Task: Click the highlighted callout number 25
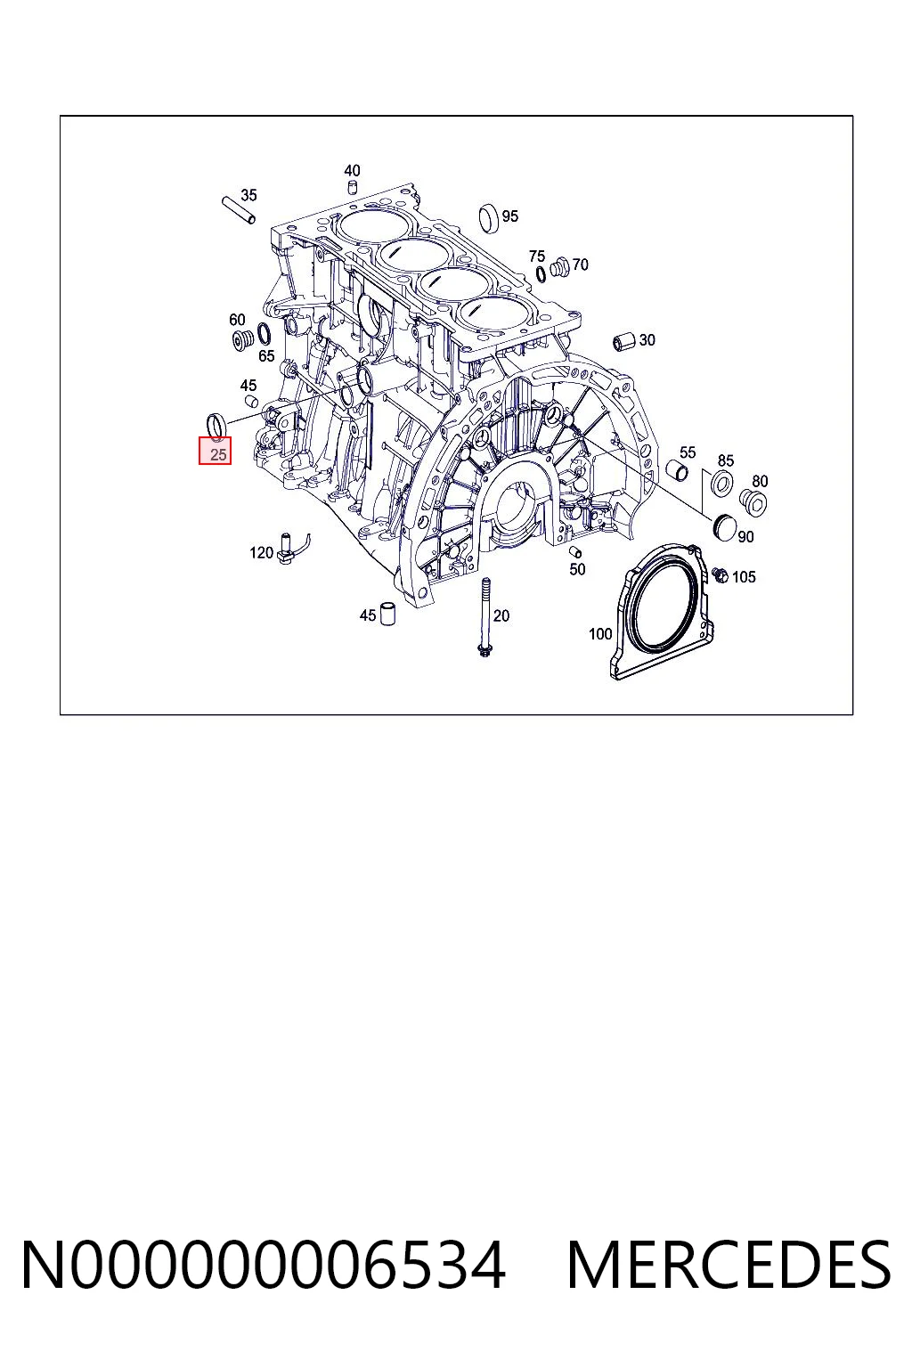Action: point(218,454)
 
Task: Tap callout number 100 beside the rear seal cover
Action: point(600,634)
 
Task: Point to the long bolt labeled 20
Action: point(484,617)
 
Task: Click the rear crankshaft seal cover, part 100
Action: point(662,612)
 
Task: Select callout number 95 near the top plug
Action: point(510,216)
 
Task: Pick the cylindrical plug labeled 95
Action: point(489,218)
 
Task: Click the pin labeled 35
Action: point(238,209)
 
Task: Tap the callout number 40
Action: point(352,170)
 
